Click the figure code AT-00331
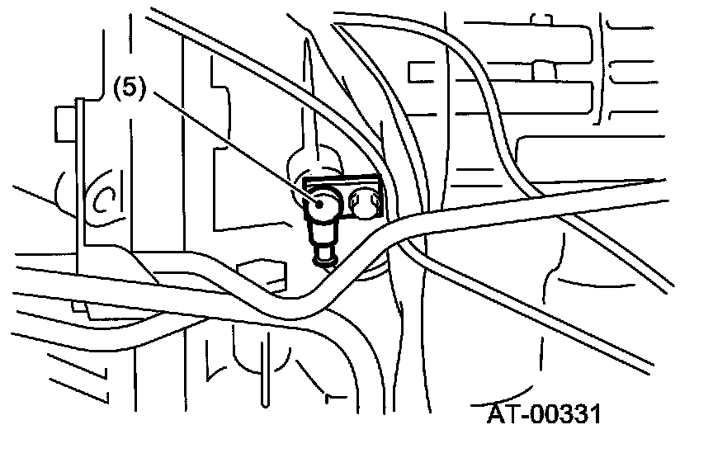coord(541,413)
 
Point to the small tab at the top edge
coord(542,18)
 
